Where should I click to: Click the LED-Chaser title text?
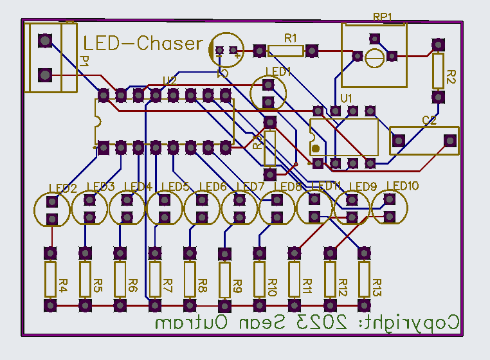pyautogui.click(x=143, y=44)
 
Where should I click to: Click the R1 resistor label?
pyautogui.click(x=291, y=38)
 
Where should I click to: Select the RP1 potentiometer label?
pyautogui.click(x=383, y=17)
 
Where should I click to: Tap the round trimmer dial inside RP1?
pyautogui.click(x=375, y=58)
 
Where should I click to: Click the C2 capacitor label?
pyautogui.click(x=430, y=120)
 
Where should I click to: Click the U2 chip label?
pyautogui.click(x=169, y=81)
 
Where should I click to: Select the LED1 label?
pyautogui.click(x=278, y=71)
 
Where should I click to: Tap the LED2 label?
pyautogui.click(x=63, y=188)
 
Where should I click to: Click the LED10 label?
pyautogui.click(x=402, y=186)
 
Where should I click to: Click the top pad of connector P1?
pyautogui.click(x=44, y=42)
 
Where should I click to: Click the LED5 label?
pyautogui.click(x=175, y=187)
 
